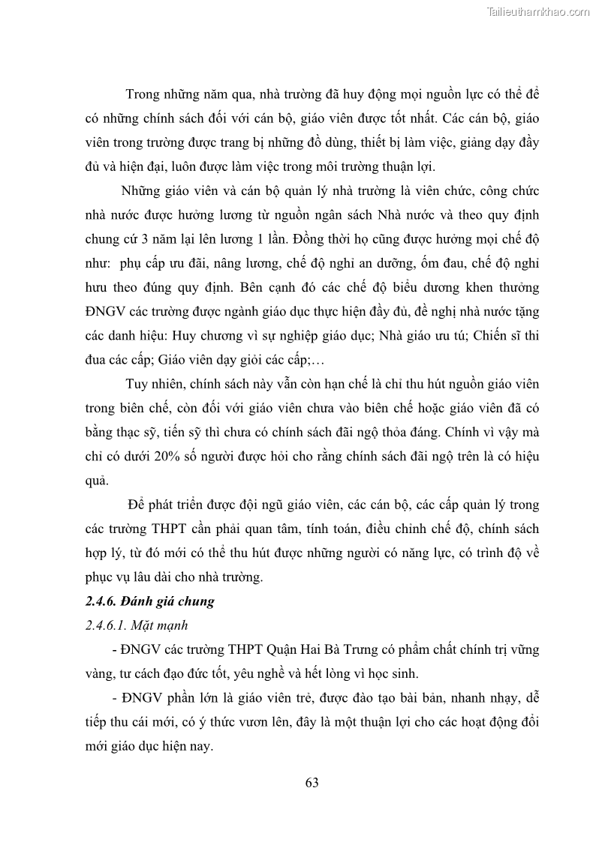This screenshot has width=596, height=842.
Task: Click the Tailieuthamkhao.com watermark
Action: [x=538, y=11]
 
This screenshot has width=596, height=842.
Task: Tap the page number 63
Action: [x=312, y=783]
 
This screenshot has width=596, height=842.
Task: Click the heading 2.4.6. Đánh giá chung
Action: [x=149, y=601]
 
